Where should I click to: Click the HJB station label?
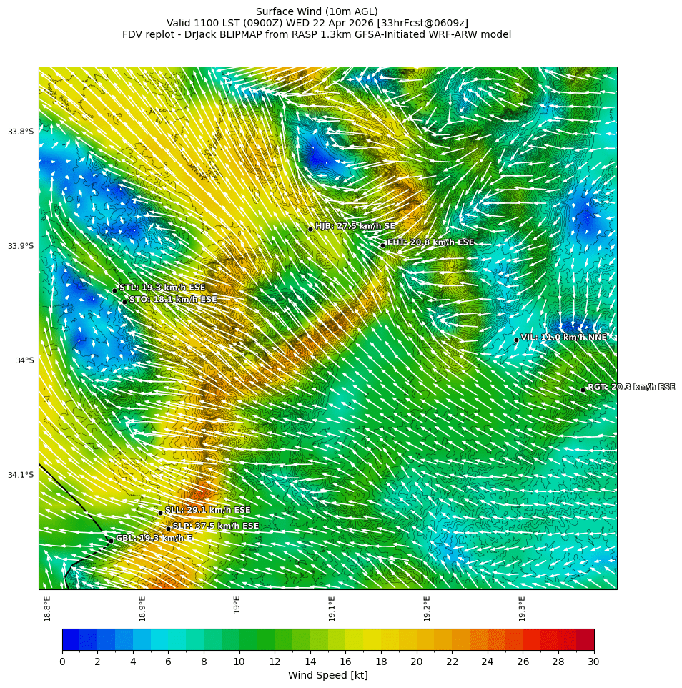tap(355, 226)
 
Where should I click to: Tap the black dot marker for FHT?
tap(382, 245)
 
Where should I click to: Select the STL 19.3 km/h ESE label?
tap(162, 288)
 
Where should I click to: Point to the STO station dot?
tap(124, 302)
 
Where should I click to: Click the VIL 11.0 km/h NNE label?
tap(563, 337)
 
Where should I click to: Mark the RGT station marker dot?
tap(583, 390)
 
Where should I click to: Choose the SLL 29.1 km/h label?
tap(208, 510)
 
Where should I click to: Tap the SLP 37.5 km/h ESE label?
tap(216, 526)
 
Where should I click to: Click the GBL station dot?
tap(111, 541)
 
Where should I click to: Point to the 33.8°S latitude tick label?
tap(21, 132)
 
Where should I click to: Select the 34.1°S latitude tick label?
tap(21, 475)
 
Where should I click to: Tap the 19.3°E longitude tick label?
tap(523, 608)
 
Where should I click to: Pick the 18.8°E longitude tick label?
tap(48, 608)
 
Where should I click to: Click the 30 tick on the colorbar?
tap(593, 662)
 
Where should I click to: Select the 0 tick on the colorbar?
tap(62, 662)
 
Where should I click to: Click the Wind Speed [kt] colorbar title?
tap(327, 675)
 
